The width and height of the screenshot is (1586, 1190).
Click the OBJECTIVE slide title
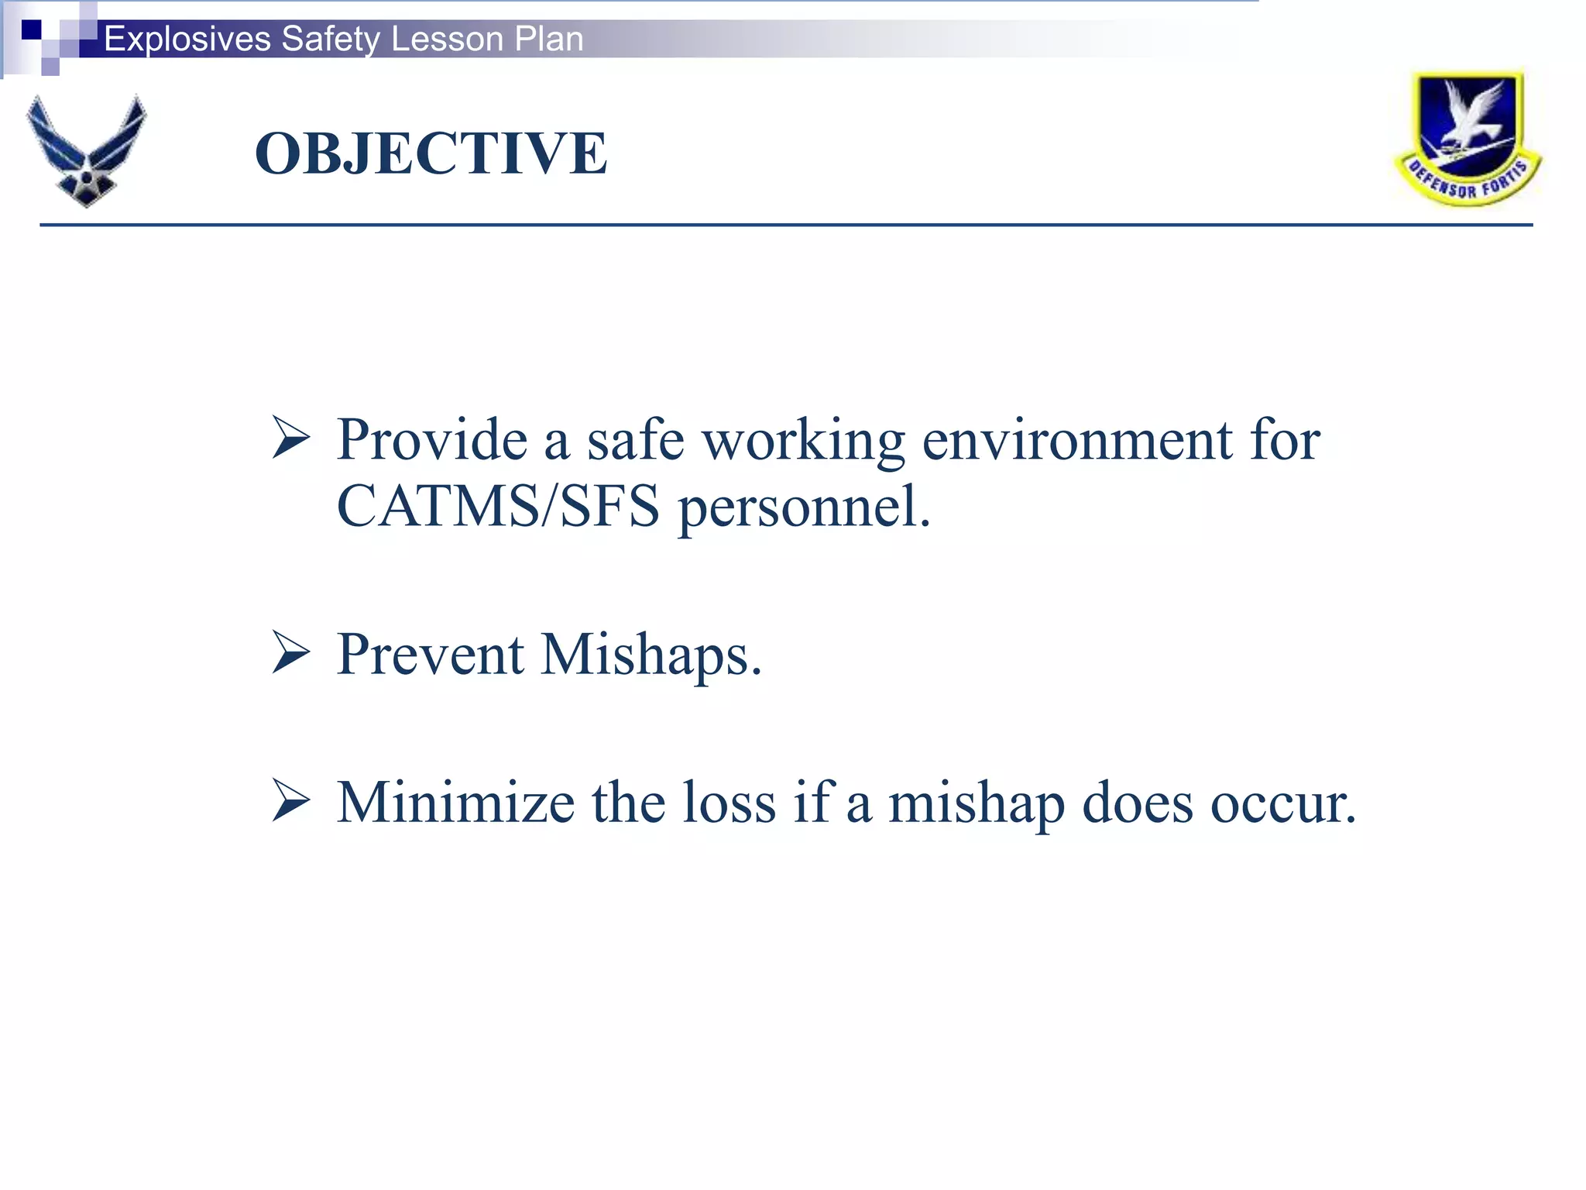[x=431, y=153]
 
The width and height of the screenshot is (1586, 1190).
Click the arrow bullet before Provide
[x=291, y=438]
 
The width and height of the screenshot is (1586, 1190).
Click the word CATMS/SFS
[x=498, y=506]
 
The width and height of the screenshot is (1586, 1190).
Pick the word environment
[x=1077, y=440]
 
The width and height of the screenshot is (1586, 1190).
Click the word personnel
[x=803, y=508]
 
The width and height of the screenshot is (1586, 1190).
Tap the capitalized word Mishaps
[x=651, y=655]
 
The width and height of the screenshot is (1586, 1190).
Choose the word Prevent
[x=431, y=655]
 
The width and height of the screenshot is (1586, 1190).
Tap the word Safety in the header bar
[x=330, y=39]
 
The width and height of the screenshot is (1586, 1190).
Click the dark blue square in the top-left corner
[x=31, y=29]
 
